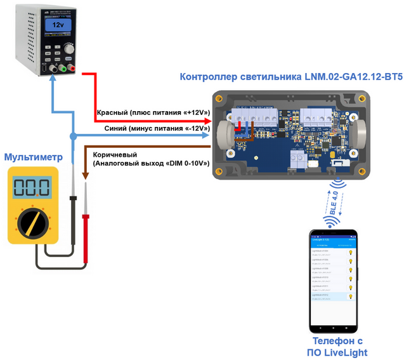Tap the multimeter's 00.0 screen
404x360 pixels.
32,187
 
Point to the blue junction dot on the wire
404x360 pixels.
73,137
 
